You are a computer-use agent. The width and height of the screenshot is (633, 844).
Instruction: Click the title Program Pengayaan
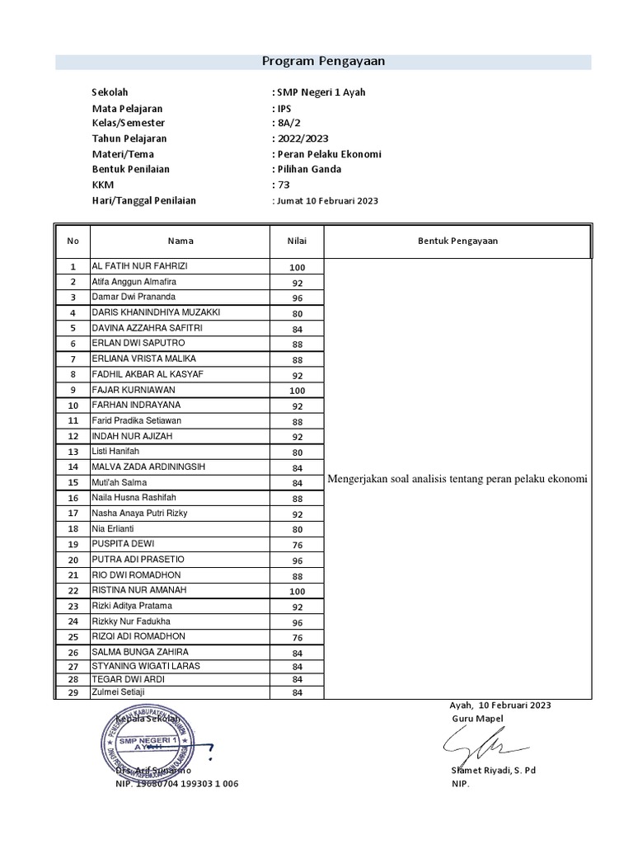[x=323, y=61]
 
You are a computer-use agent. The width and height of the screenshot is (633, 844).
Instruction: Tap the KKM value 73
[x=284, y=185]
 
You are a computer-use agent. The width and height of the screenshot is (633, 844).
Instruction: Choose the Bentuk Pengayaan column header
[x=457, y=241]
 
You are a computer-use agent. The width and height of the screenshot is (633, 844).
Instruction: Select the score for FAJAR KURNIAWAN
[x=297, y=391]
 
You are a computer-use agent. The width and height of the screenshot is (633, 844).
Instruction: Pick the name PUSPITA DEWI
[x=123, y=544]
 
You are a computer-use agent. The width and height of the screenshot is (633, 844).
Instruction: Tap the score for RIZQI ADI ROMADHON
[x=297, y=638]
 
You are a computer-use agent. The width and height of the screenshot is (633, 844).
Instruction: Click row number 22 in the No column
[x=73, y=591]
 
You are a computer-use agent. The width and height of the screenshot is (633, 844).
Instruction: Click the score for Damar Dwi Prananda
[x=297, y=298]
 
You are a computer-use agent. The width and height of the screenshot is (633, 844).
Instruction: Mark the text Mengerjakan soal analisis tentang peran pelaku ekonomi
[x=457, y=480]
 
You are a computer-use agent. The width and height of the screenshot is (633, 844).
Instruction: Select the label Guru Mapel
[x=474, y=719]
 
